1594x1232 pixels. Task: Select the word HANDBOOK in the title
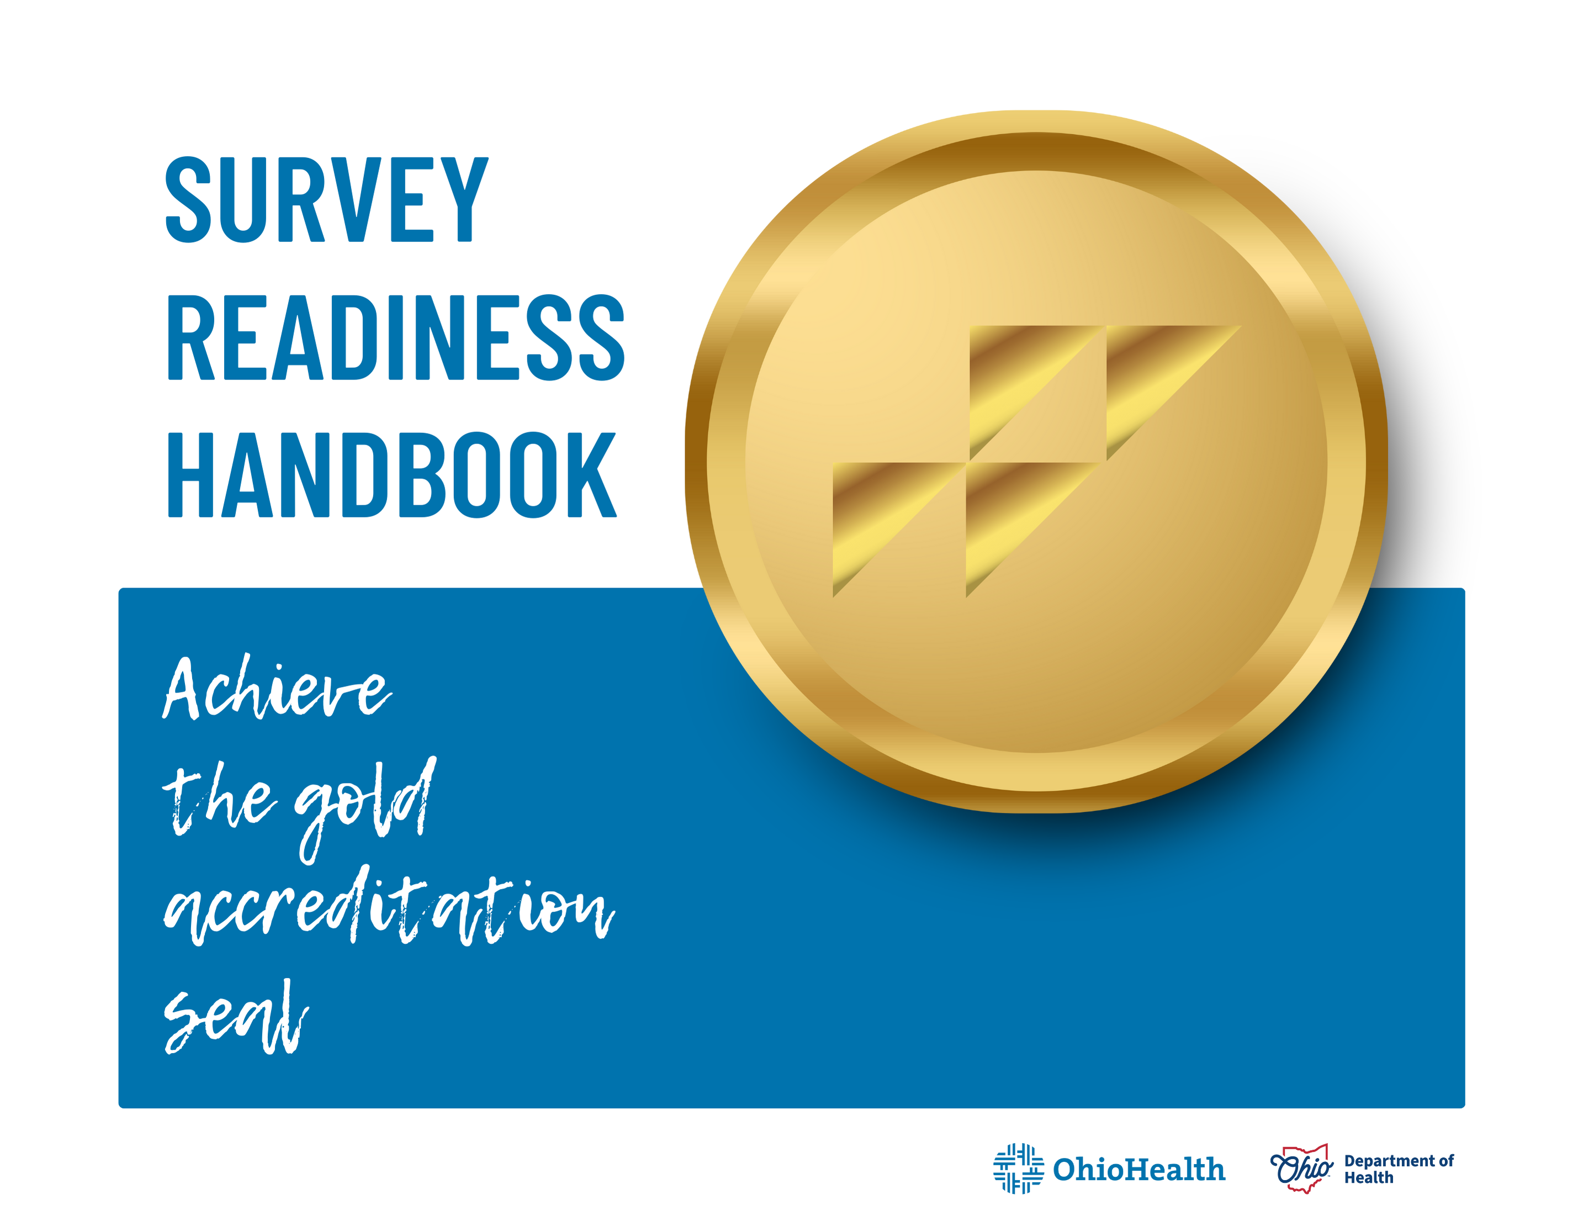[392, 474]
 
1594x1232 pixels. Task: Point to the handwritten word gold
[365, 803]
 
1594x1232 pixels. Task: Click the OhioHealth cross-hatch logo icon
[1018, 1168]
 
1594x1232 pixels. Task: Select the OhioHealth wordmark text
[1138, 1169]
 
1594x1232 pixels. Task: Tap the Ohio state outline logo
[1301, 1168]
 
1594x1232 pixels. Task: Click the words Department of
[1399, 1160]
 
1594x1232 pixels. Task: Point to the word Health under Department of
[1369, 1177]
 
